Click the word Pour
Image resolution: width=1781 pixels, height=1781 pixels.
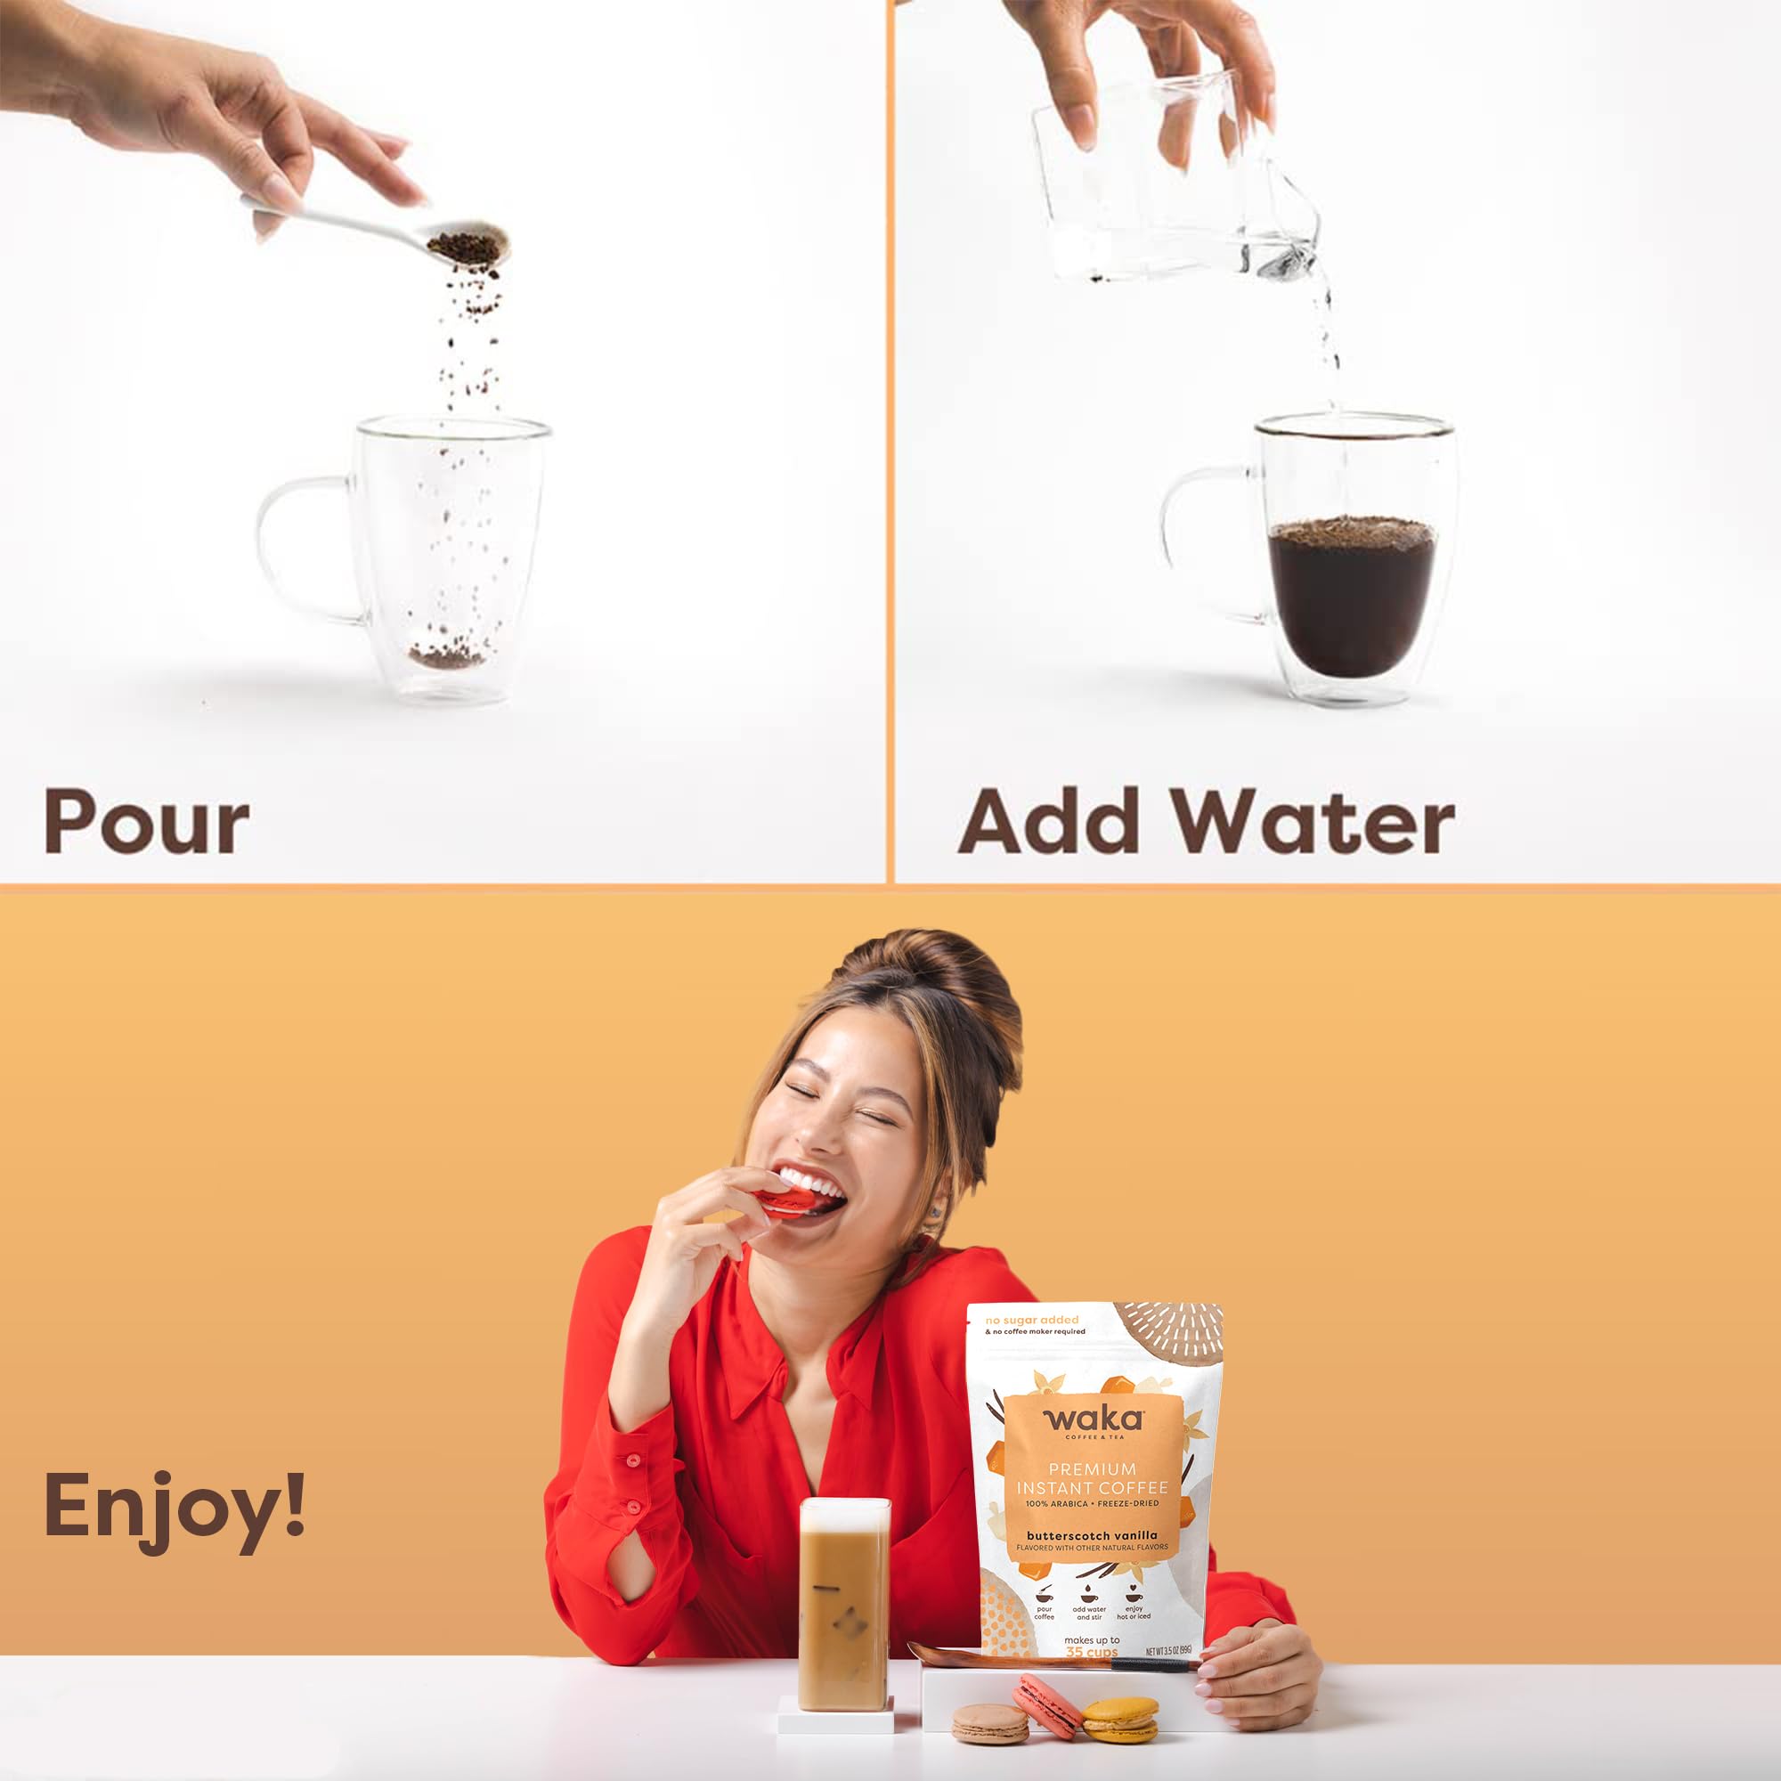pyautogui.click(x=147, y=820)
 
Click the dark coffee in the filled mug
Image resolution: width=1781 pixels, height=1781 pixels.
pyautogui.click(x=1351, y=599)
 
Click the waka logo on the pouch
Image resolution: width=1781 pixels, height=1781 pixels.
pyautogui.click(x=1094, y=1419)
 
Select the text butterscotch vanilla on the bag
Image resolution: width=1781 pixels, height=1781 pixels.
pyautogui.click(x=1092, y=1536)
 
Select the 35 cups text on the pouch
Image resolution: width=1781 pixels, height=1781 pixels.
pyautogui.click(x=1092, y=1652)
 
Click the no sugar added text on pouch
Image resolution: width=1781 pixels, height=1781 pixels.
pyautogui.click(x=1031, y=1320)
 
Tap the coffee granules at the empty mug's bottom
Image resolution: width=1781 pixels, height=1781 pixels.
pyautogui.click(x=446, y=656)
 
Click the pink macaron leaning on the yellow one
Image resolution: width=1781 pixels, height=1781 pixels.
pyautogui.click(x=1047, y=1706)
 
